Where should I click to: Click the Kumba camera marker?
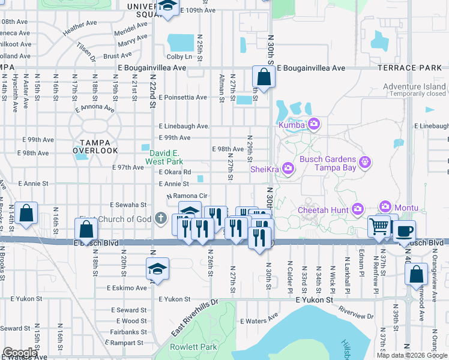(x=313, y=124)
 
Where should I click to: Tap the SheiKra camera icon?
(x=288, y=168)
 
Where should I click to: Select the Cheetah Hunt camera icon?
(x=358, y=209)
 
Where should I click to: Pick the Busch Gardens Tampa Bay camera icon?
(x=364, y=161)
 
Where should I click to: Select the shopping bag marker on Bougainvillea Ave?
(x=264, y=77)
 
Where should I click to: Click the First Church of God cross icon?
(x=160, y=219)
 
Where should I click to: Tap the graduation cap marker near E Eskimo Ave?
(x=157, y=268)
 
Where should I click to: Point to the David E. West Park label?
(x=166, y=157)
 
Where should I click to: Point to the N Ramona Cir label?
(x=187, y=196)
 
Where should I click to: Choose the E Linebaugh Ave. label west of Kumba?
(x=184, y=126)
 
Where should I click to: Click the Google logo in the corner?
(x=20, y=353)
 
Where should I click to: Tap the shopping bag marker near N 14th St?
(x=26, y=214)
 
